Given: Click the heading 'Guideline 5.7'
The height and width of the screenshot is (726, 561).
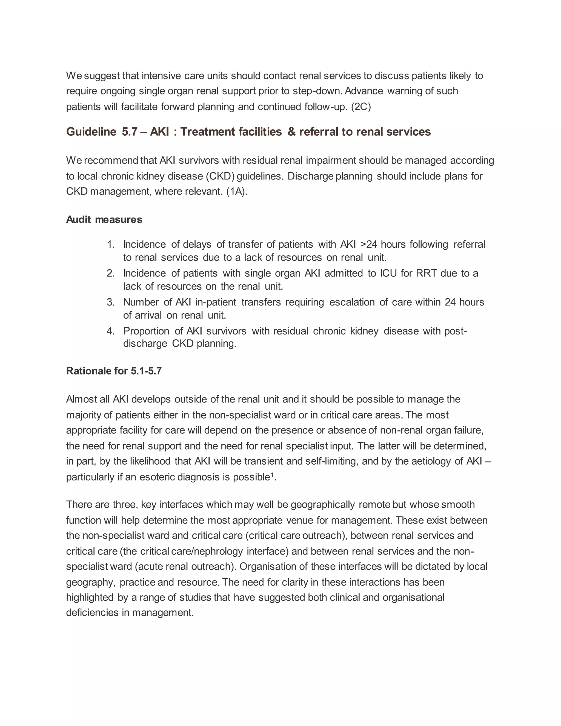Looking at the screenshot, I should [102, 132].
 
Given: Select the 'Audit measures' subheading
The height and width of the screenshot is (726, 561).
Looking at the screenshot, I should [104, 220].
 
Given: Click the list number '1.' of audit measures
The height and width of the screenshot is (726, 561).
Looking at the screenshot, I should [111, 245].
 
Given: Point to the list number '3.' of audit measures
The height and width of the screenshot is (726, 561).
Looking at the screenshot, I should [111, 302].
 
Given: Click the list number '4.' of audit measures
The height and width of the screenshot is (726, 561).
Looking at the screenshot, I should [111, 331].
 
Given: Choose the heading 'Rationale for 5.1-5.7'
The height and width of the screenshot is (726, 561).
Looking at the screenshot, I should [114, 371].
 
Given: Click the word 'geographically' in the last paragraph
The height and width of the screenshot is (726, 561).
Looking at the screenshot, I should [323, 505].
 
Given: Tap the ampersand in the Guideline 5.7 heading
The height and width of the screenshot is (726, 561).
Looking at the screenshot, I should [291, 132].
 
